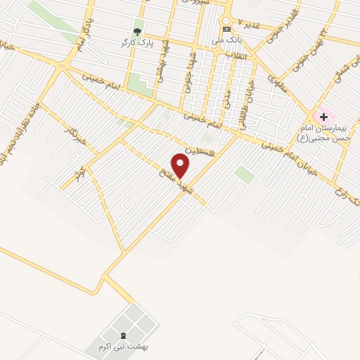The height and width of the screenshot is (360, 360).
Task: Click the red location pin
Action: (181, 165)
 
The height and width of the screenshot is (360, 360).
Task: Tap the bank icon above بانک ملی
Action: (226, 29)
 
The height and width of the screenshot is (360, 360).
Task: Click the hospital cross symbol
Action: (323, 116)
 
